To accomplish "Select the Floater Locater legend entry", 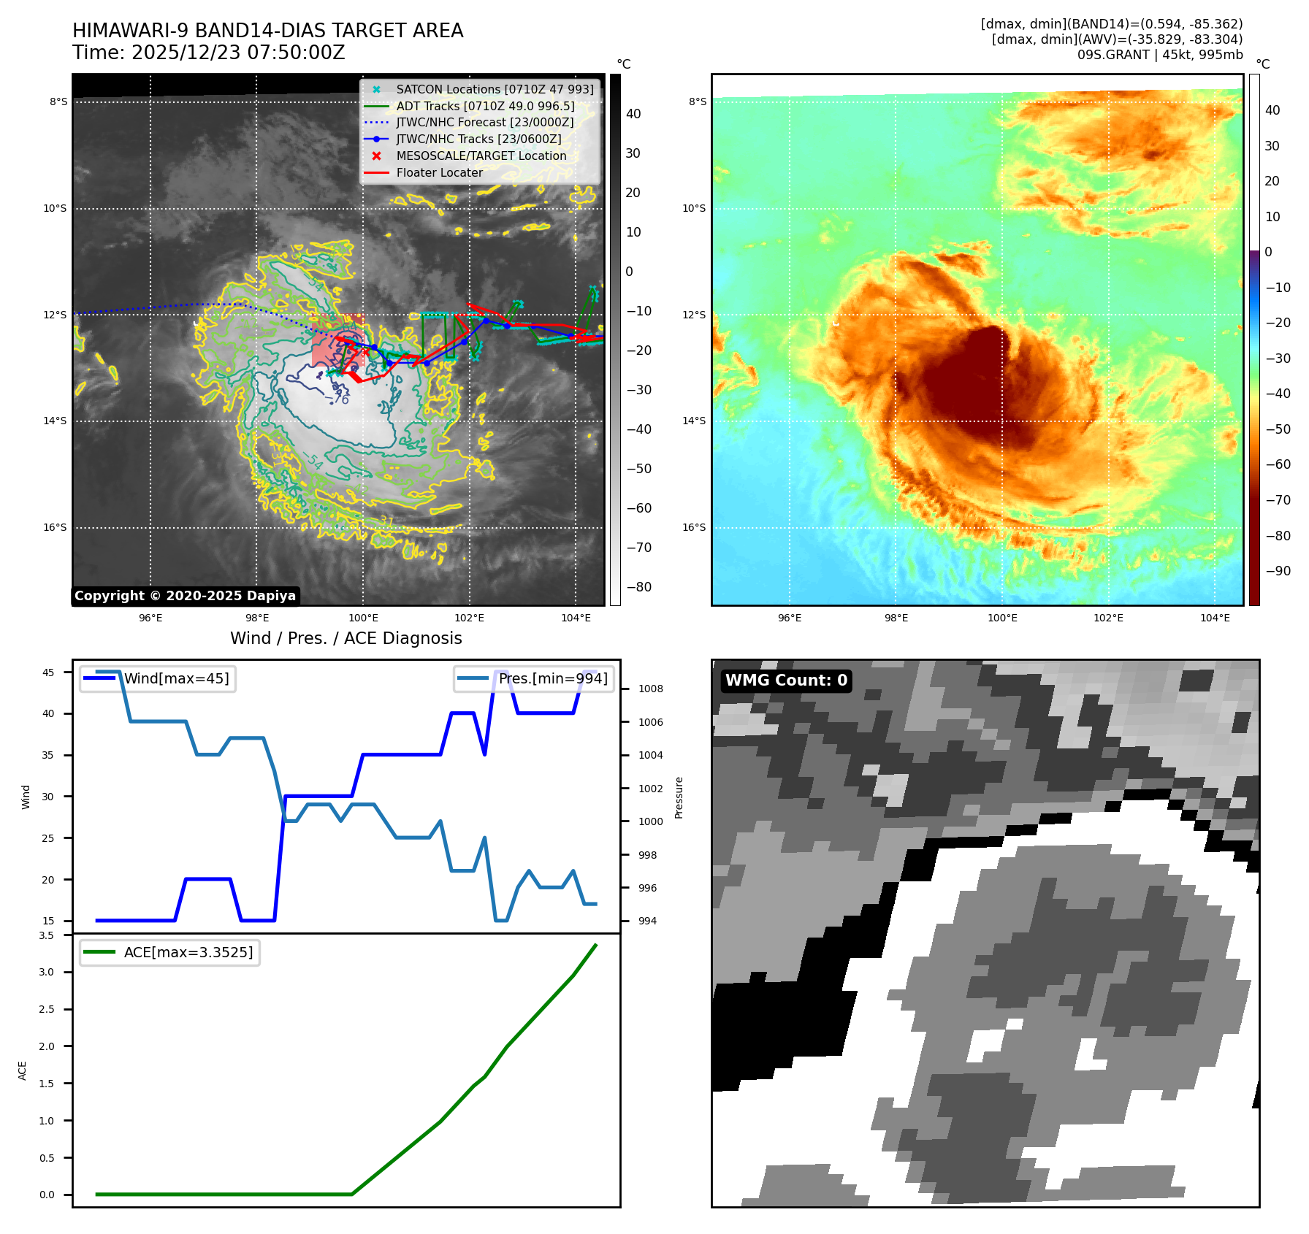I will tap(439, 172).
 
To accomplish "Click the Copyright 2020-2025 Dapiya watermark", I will tap(185, 596).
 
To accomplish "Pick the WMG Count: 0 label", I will tap(786, 681).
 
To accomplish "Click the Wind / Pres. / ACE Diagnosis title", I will tap(346, 638).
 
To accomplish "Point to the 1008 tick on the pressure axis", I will tap(650, 689).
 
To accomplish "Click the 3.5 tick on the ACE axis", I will tap(47, 935).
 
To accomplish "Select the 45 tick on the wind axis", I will tap(48, 672).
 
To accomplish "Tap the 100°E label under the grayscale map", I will tap(363, 618).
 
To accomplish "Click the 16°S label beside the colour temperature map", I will tap(694, 527).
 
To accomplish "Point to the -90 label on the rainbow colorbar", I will tap(1278, 571).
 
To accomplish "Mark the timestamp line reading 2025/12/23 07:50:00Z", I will tap(209, 53).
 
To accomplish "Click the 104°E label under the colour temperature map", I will tap(1215, 618).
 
